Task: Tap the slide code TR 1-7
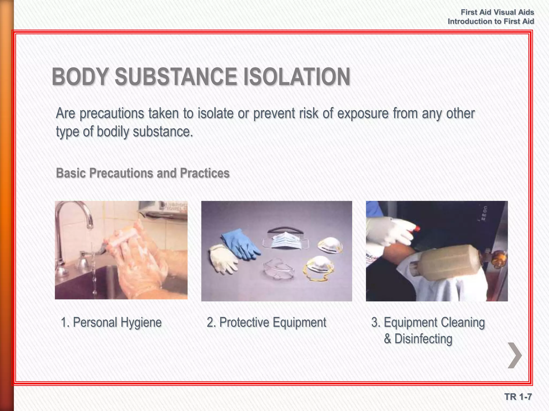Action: (x=518, y=397)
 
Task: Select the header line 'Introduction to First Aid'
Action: (x=491, y=21)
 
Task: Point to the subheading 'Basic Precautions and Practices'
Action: (x=143, y=173)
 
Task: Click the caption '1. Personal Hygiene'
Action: (x=111, y=322)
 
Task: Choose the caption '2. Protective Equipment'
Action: (x=266, y=322)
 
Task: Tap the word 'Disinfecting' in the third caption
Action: (x=423, y=339)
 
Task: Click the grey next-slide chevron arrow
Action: (x=515, y=355)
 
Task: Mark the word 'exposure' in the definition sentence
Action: (x=363, y=113)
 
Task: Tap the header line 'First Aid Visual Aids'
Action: (x=497, y=12)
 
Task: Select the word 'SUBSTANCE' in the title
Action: (x=176, y=77)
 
